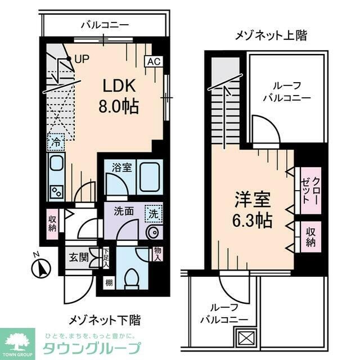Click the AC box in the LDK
[152, 62]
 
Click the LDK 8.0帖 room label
[119, 96]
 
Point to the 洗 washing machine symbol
[153, 213]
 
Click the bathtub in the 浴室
[150, 178]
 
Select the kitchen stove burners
[56, 191]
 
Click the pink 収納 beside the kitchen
[52, 223]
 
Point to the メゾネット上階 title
[271, 35]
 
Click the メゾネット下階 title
[105, 320]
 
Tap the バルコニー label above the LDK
[105, 25]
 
